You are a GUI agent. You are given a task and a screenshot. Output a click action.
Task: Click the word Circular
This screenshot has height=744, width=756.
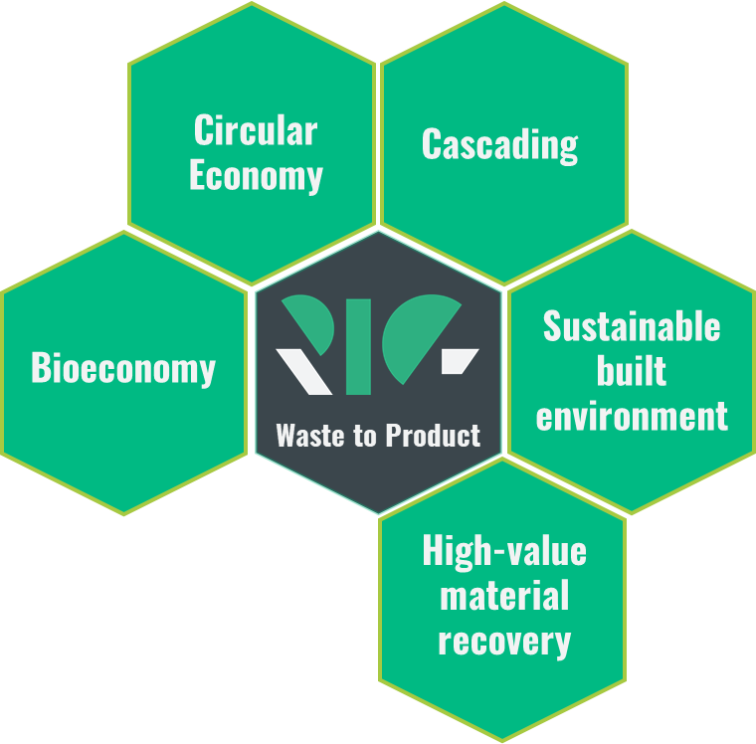click(x=256, y=129)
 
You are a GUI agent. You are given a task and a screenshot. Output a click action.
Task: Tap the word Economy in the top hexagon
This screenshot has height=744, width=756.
click(x=256, y=176)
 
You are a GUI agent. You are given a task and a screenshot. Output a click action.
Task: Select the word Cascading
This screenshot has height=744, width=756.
click(x=500, y=145)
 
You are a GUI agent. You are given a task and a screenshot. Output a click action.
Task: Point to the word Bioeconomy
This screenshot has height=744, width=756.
click(x=123, y=368)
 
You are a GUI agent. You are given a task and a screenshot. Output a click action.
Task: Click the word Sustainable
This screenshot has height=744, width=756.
click(x=632, y=326)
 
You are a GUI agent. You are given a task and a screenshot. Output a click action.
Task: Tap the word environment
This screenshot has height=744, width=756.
click(x=632, y=416)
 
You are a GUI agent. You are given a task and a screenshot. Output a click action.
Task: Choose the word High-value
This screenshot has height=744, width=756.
click(x=504, y=551)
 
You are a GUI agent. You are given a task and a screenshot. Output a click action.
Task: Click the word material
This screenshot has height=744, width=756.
click(x=504, y=595)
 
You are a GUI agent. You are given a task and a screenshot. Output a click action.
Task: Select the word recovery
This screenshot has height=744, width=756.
click(x=504, y=642)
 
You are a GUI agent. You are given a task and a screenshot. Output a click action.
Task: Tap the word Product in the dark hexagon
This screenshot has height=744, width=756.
click(x=433, y=435)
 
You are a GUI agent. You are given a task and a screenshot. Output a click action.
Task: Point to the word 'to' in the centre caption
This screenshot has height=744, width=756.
click(x=365, y=436)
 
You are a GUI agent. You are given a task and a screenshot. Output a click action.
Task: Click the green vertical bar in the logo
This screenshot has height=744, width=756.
click(x=358, y=347)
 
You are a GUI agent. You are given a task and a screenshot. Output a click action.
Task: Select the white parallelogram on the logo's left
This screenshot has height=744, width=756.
click(x=303, y=372)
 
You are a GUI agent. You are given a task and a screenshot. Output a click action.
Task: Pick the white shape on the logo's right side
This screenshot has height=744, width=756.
click(x=460, y=361)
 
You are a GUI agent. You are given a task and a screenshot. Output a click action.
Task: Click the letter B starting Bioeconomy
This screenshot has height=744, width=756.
click(x=41, y=367)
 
